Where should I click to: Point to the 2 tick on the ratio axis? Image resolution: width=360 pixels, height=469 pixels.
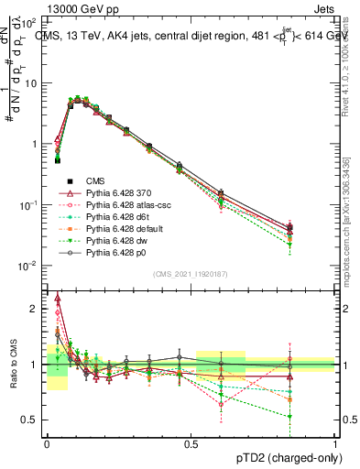coord(37,309)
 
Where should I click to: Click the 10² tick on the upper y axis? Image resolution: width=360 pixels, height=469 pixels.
coord(33,21)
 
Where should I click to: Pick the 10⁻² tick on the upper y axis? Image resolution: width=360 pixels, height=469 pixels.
coord(33,266)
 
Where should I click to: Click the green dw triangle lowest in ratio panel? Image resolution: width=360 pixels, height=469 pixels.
coord(315,417)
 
